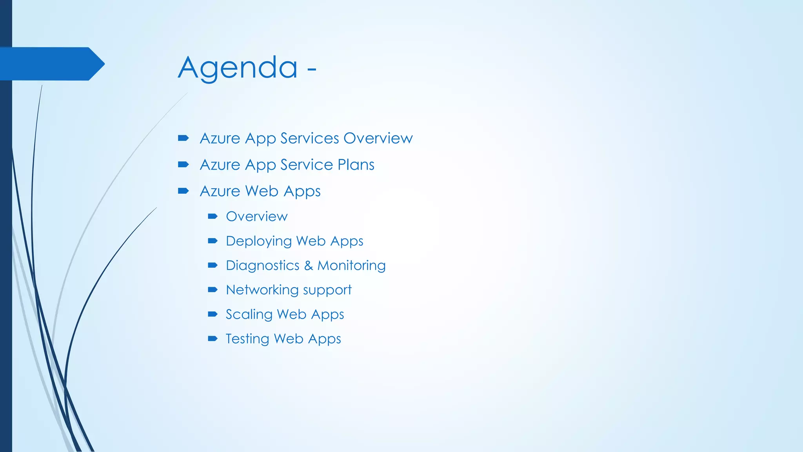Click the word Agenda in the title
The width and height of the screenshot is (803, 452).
pyautogui.click(x=238, y=67)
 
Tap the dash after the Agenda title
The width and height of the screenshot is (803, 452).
pyautogui.click(x=312, y=69)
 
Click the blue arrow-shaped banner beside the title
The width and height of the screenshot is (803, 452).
pyautogui.click(x=51, y=64)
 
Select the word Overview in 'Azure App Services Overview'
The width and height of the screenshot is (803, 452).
pyautogui.click(x=378, y=138)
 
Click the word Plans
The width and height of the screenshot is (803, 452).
pyautogui.click(x=356, y=165)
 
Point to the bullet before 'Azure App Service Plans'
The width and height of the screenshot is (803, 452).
pyautogui.click(x=183, y=164)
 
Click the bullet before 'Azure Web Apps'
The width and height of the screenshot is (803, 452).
pyautogui.click(x=183, y=191)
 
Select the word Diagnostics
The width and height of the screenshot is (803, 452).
pyautogui.click(x=262, y=266)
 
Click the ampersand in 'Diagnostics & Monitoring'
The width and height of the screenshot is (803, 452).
pyautogui.click(x=309, y=266)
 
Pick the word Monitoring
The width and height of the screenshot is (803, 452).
pyautogui.click(x=351, y=266)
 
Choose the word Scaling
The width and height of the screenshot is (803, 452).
pyautogui.click(x=249, y=315)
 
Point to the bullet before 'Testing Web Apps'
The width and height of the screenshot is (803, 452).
pyautogui.click(x=213, y=339)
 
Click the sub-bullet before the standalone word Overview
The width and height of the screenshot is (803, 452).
pyautogui.click(x=213, y=216)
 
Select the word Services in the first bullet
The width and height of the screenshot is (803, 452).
pyautogui.click(x=309, y=138)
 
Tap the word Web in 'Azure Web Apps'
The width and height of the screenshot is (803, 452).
pyautogui.click(x=262, y=191)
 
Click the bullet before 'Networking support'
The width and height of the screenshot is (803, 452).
pyautogui.click(x=213, y=290)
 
